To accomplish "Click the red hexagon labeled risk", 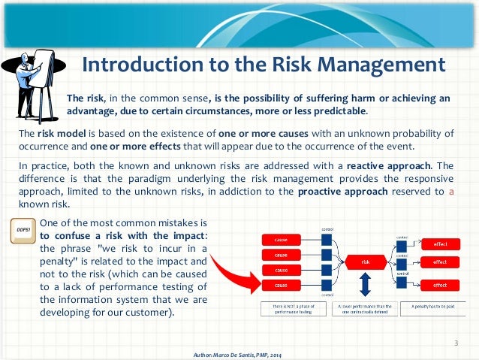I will point(365,262).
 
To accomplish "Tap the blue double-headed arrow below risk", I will point(365,284).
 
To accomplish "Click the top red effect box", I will point(440,244).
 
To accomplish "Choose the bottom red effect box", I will point(440,285).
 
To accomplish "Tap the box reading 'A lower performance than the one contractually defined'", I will point(365,307).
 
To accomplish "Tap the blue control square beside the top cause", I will point(326,240).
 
